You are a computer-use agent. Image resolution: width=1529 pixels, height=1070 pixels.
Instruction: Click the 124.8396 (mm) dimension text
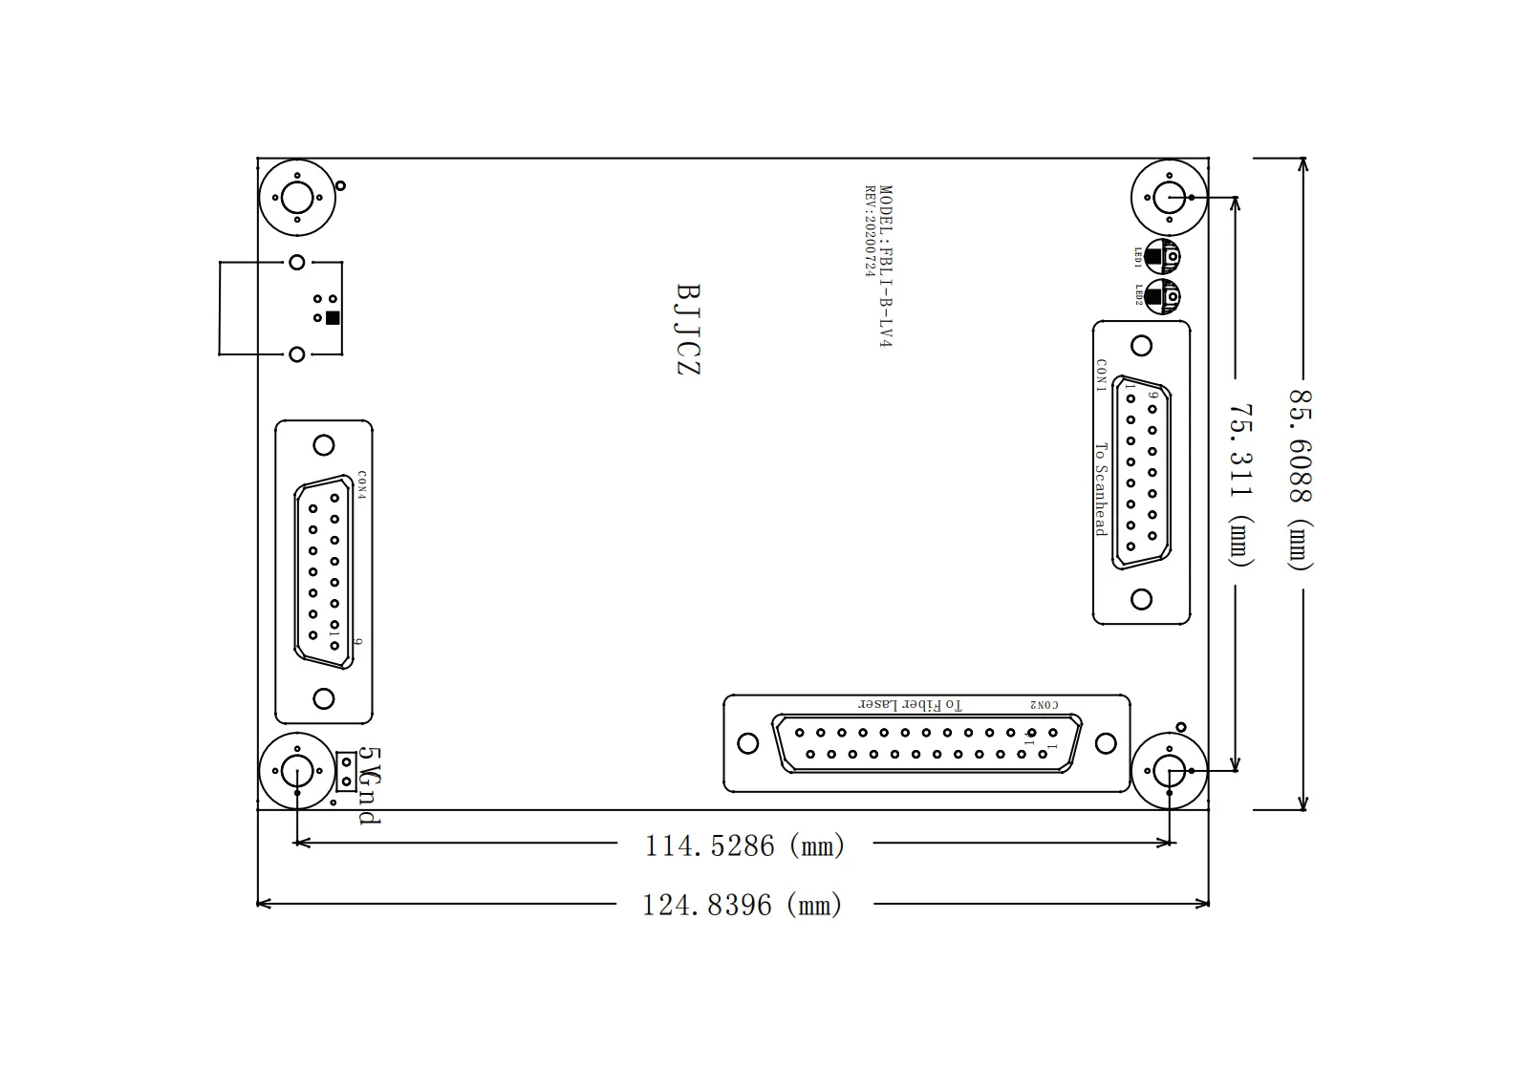[x=743, y=905]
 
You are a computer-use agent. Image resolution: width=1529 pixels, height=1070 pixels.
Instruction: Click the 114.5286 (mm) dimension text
[x=744, y=845]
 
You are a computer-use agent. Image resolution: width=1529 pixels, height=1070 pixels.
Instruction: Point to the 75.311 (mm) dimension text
[x=1240, y=484]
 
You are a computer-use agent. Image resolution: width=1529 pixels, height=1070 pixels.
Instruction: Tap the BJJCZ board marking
[x=688, y=329]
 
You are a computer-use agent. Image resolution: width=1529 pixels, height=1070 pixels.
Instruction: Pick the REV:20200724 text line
[x=870, y=231]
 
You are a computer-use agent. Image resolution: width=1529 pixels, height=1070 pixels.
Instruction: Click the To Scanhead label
[x=1100, y=488]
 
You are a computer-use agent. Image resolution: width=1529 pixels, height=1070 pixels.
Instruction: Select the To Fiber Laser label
[x=911, y=705]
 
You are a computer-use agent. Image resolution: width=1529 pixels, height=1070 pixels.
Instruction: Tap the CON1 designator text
[x=1101, y=375]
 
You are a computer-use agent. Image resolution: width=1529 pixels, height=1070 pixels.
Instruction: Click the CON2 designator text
[x=1044, y=705]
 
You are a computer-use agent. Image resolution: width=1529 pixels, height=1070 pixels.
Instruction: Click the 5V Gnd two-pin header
[x=347, y=771]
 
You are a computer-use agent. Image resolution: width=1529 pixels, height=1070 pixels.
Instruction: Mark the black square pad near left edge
[x=333, y=318]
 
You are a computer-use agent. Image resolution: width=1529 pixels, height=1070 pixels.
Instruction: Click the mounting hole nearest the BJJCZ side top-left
[x=297, y=199]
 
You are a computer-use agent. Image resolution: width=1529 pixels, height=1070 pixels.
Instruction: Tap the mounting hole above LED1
[x=1169, y=197]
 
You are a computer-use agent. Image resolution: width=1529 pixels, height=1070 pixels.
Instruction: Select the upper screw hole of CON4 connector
[x=324, y=445]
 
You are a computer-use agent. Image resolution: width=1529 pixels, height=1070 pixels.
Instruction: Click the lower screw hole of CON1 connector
[x=1141, y=599]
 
